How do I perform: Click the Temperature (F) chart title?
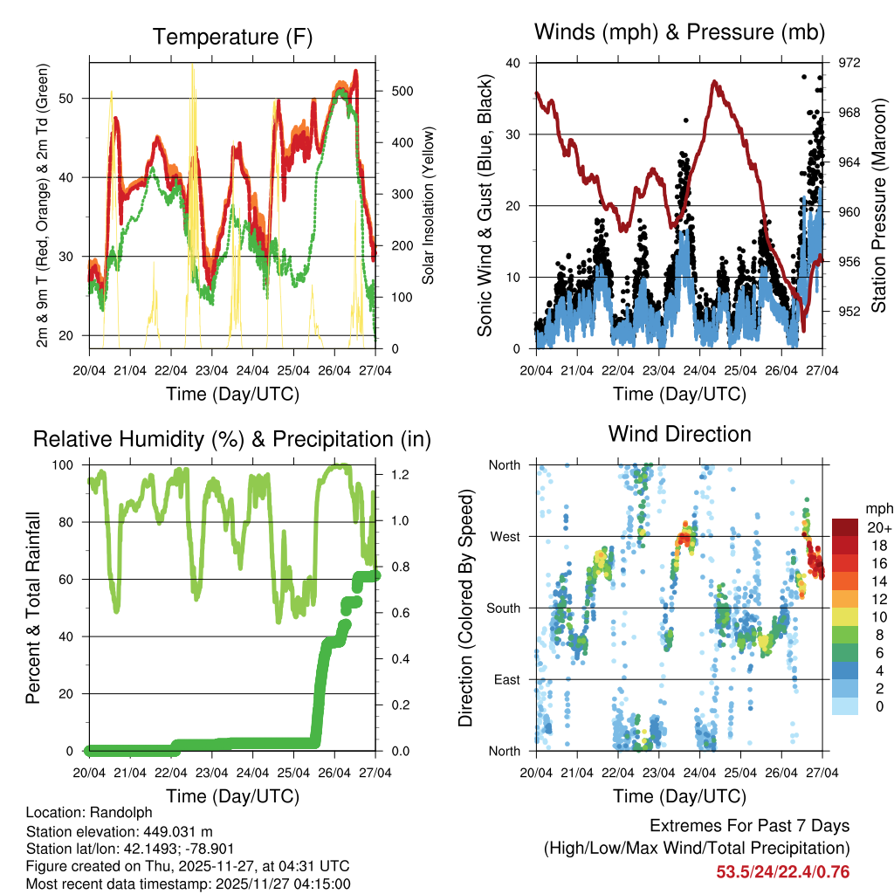tap(231, 37)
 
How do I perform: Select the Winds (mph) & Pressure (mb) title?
tap(679, 33)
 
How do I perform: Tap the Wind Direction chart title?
tap(679, 433)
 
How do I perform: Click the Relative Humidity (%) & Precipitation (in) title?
tap(231, 438)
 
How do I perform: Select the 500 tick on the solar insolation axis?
tap(402, 91)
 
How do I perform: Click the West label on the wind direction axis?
tap(505, 536)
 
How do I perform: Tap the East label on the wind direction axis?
tap(506, 679)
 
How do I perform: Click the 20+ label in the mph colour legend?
tap(877, 527)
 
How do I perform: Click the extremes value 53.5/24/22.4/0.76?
tap(782, 871)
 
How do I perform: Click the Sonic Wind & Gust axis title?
tap(485, 206)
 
